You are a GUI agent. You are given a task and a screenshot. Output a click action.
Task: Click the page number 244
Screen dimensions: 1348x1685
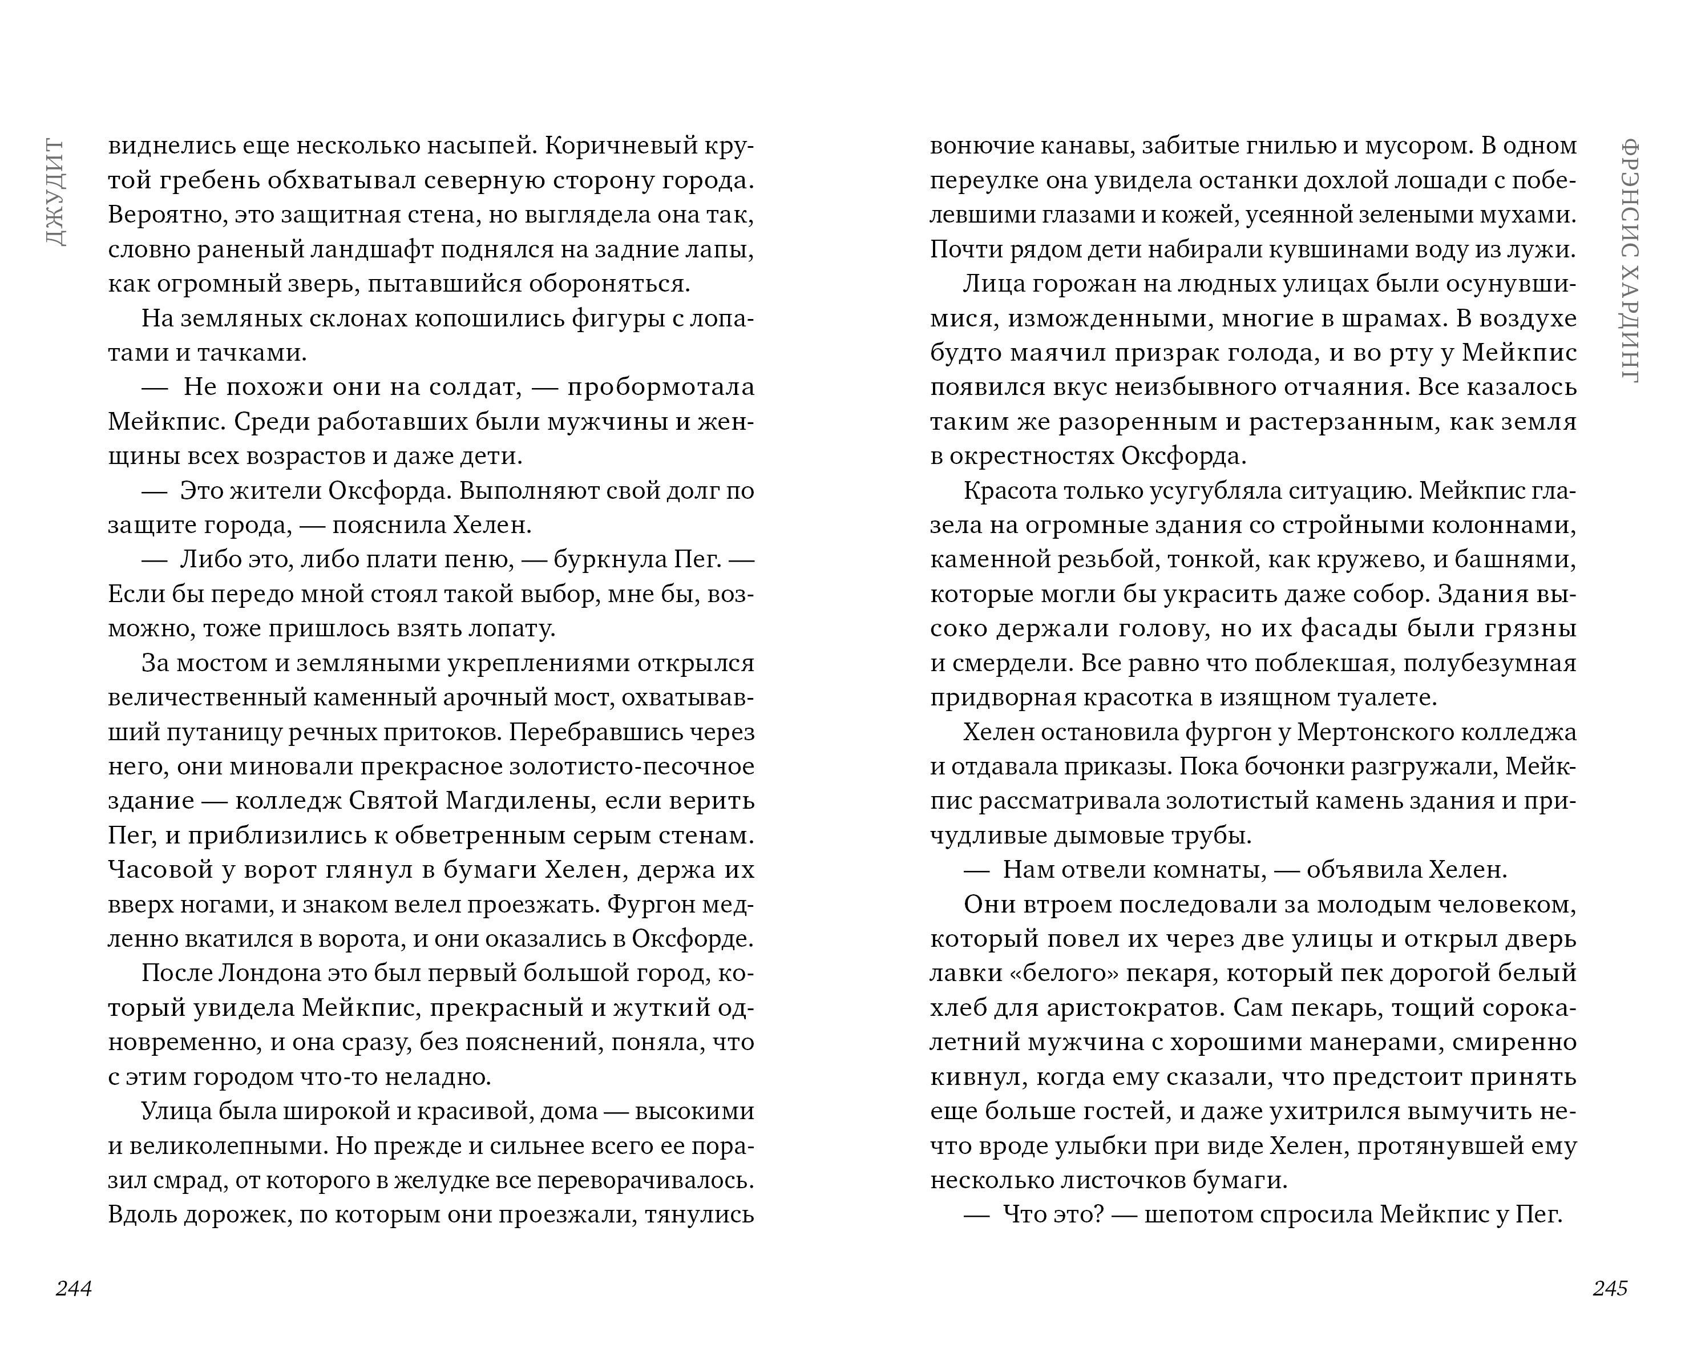(74, 1289)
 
